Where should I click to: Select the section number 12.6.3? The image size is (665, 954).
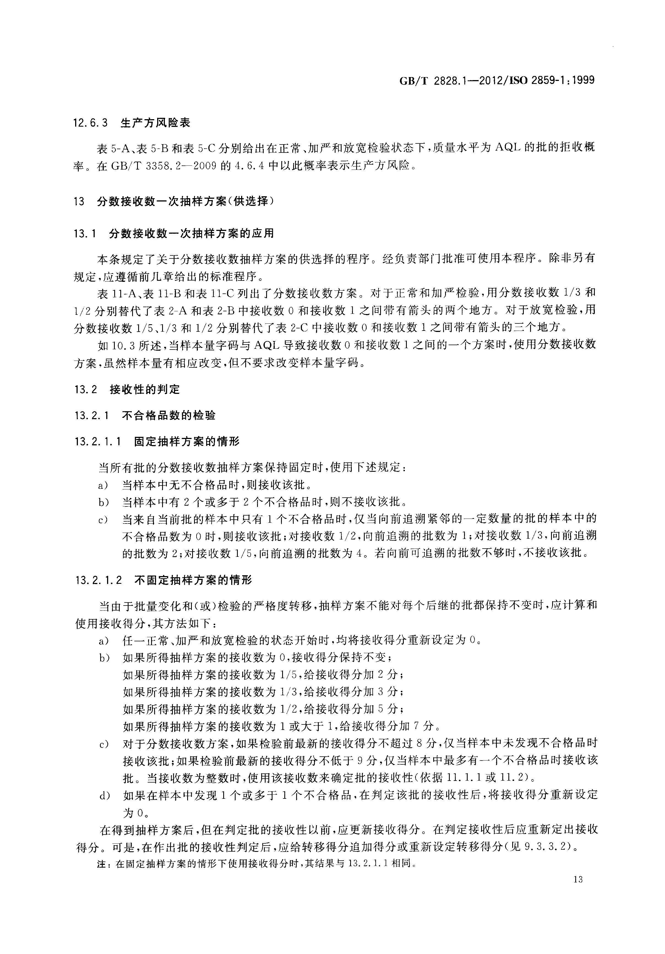[90, 123]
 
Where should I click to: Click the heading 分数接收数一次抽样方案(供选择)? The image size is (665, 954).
[185, 201]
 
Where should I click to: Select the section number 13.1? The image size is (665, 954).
[85, 233]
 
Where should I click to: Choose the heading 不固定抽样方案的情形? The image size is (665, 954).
[193, 580]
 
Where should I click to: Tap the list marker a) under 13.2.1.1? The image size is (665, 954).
[103, 485]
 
